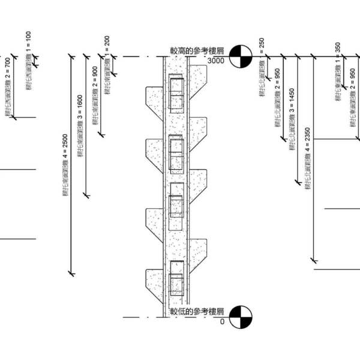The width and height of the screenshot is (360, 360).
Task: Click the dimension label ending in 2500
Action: click(x=65, y=165)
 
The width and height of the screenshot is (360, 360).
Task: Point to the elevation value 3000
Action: click(x=215, y=61)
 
